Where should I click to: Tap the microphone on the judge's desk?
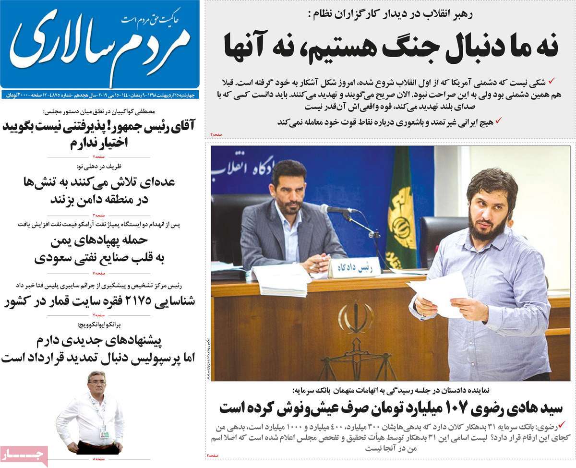(x=336, y=209)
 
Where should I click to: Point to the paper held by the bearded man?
(x=438, y=292)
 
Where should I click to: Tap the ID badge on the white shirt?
(x=104, y=433)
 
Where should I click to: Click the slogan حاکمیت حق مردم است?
(x=150, y=19)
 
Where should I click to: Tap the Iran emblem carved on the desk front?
(x=356, y=317)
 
